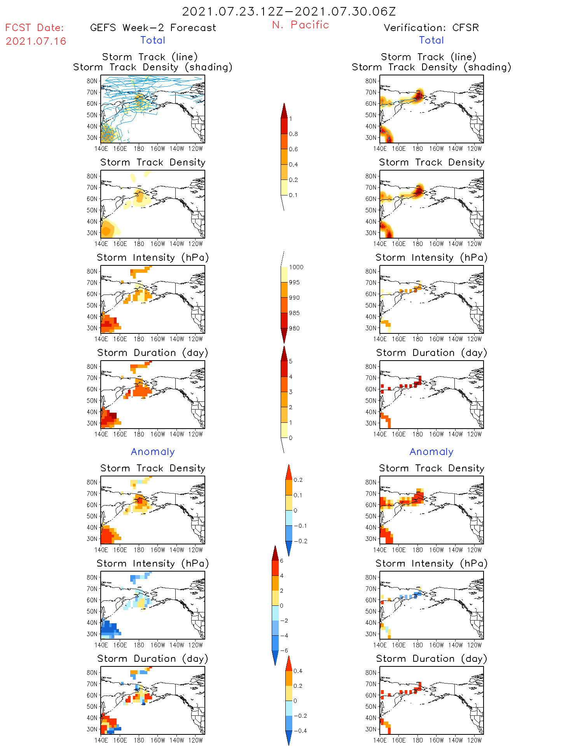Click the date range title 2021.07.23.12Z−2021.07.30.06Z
pyautogui.click(x=289, y=12)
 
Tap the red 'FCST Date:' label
pyautogui.click(x=35, y=28)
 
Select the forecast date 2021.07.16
pyautogui.click(x=36, y=41)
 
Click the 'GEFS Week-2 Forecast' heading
pyautogui.click(x=153, y=28)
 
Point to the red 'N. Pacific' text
pyautogui.click(x=300, y=25)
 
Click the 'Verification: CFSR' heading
pyautogui.click(x=431, y=28)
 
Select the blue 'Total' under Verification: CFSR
pyautogui.click(x=431, y=40)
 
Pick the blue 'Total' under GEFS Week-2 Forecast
pyautogui.click(x=153, y=40)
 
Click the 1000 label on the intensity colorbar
pyautogui.click(x=296, y=267)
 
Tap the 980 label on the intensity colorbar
pyautogui.click(x=294, y=328)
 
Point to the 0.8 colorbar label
pyautogui.click(x=293, y=134)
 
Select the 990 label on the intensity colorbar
pyautogui.click(x=294, y=298)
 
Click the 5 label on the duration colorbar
pyautogui.click(x=291, y=361)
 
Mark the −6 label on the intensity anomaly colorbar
pyautogui.click(x=284, y=650)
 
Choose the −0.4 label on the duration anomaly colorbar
pyautogui.click(x=300, y=731)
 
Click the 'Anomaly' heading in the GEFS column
pyautogui.click(x=153, y=452)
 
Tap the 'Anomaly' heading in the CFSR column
pyautogui.click(x=431, y=452)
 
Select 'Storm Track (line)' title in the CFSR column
pyautogui.click(x=428, y=57)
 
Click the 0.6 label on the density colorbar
pyautogui.click(x=293, y=149)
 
